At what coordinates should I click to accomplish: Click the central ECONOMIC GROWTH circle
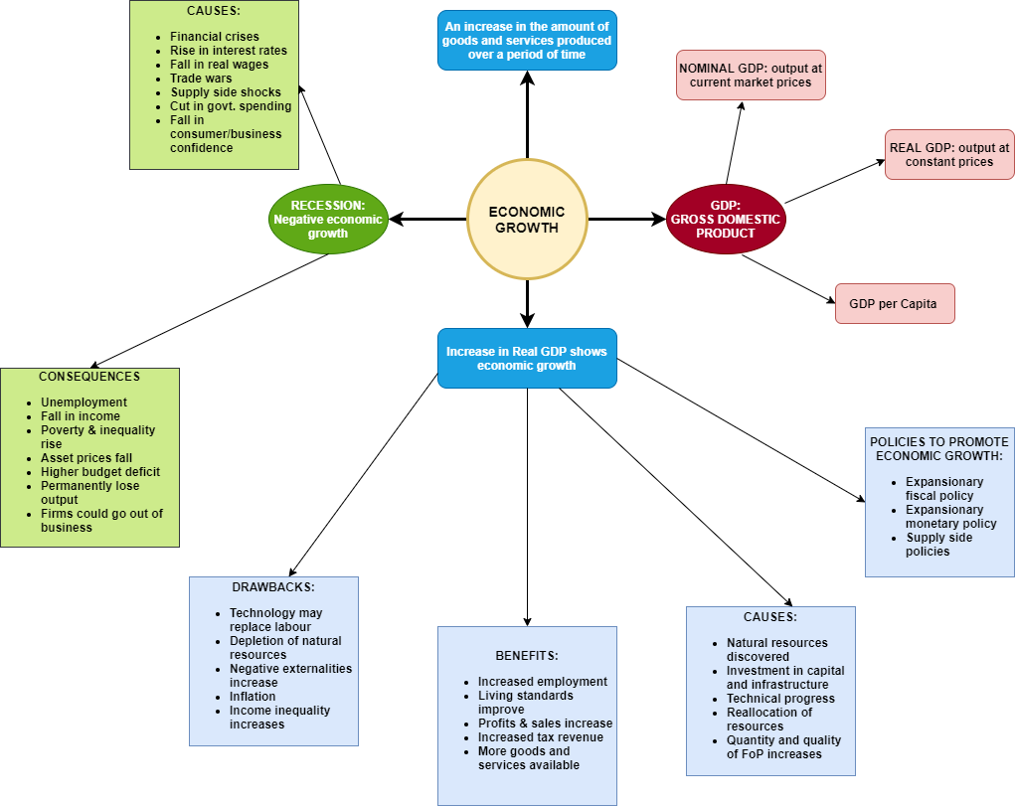(x=527, y=220)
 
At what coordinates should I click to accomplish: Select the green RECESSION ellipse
(x=328, y=219)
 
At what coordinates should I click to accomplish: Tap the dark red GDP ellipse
(x=725, y=219)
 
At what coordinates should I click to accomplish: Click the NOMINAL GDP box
(x=751, y=76)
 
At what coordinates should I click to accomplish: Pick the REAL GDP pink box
(x=948, y=154)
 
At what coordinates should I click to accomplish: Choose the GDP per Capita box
(x=894, y=303)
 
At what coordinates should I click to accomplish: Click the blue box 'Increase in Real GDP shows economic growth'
(x=527, y=358)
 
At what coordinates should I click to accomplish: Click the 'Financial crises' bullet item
(x=214, y=37)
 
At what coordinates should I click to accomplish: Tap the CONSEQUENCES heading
(x=89, y=377)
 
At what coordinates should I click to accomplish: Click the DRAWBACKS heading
(x=273, y=586)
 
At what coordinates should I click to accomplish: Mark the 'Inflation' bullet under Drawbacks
(x=253, y=697)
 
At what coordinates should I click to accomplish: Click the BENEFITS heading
(x=527, y=656)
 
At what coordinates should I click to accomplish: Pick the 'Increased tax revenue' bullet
(x=540, y=737)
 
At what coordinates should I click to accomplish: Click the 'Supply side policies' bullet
(x=938, y=545)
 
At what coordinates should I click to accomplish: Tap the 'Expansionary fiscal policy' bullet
(x=943, y=489)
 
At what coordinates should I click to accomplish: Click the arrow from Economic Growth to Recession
(x=427, y=219)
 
